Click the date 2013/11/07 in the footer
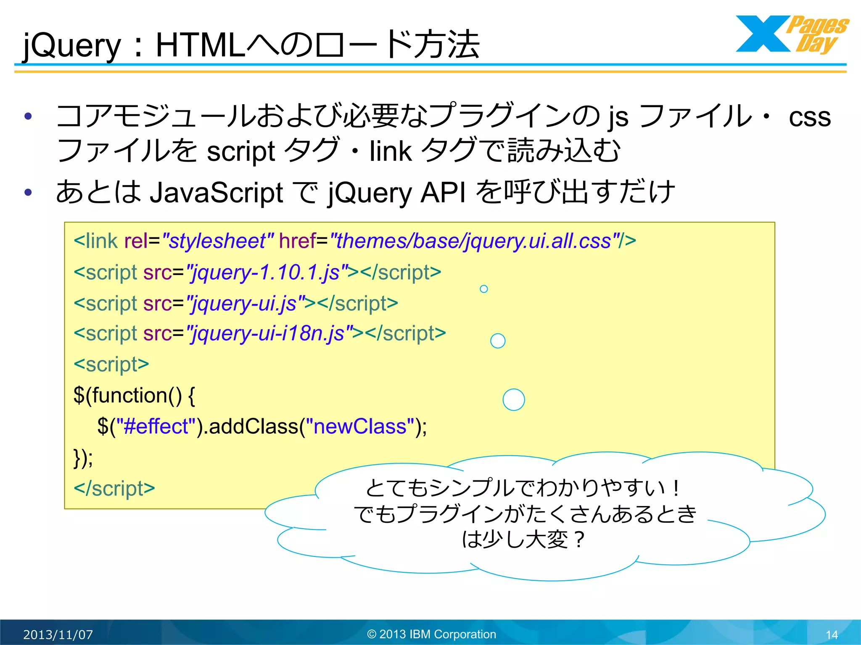click(58, 635)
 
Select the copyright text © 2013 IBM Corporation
click(431, 634)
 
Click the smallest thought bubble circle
click(484, 289)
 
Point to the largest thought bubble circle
click(514, 399)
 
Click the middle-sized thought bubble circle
click(498, 341)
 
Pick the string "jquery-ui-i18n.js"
click(269, 333)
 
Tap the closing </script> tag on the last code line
click(114, 488)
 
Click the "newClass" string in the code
click(360, 427)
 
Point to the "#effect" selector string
click(156, 427)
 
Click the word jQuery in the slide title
click(71, 45)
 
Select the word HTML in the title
click(200, 45)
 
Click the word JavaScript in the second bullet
click(216, 193)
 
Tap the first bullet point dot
click(28, 116)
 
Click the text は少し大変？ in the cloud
click(523, 539)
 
